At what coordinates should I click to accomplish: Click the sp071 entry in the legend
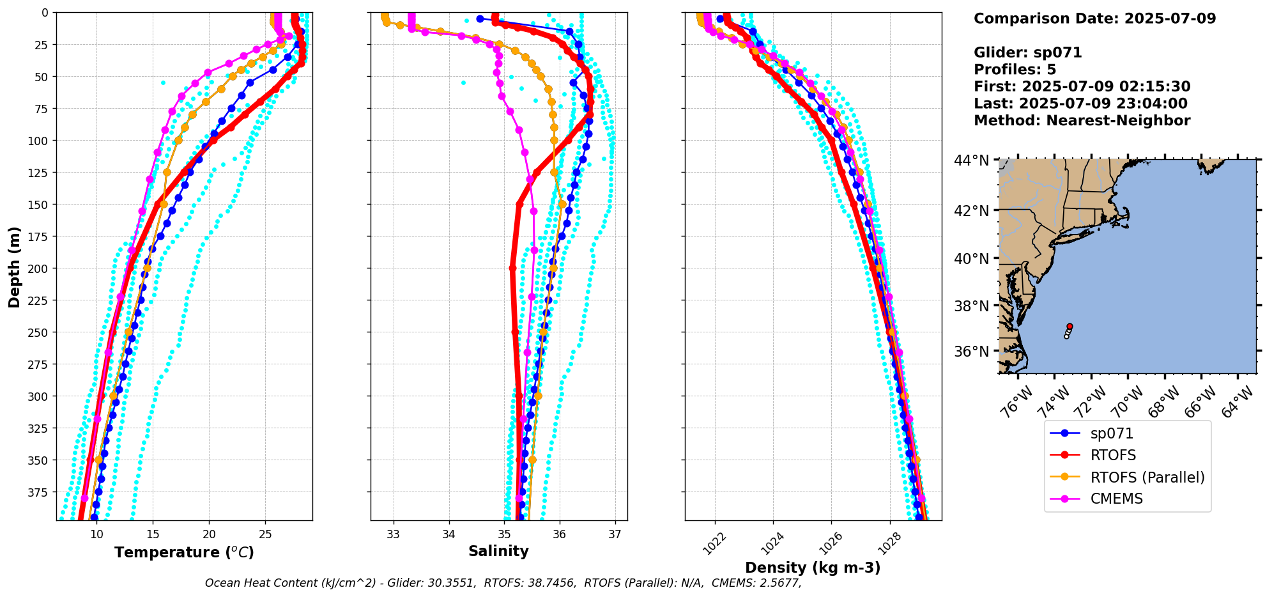click(x=1112, y=433)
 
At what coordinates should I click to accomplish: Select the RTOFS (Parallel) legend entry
click(x=1147, y=477)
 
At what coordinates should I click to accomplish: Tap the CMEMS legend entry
click(x=1116, y=499)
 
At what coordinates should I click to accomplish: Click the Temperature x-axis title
click(x=184, y=552)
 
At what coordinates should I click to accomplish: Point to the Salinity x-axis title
click(x=498, y=551)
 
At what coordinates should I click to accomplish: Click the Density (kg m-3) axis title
click(x=813, y=568)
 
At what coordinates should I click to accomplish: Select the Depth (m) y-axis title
click(x=14, y=267)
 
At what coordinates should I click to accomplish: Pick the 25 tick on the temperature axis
click(x=266, y=534)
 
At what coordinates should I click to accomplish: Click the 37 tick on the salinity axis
click(x=615, y=534)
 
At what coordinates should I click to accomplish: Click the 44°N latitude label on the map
click(x=971, y=160)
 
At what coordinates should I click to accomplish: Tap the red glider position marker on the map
click(x=1069, y=326)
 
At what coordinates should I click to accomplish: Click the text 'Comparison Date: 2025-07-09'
click(x=1094, y=19)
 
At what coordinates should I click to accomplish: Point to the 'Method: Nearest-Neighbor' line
click(x=1082, y=121)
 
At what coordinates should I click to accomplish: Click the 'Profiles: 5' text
click(x=1015, y=70)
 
